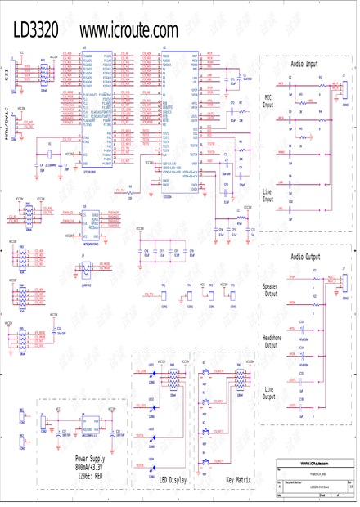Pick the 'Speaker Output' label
tap(270, 289)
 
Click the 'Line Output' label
tap(269, 392)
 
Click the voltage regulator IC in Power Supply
tap(92, 427)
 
